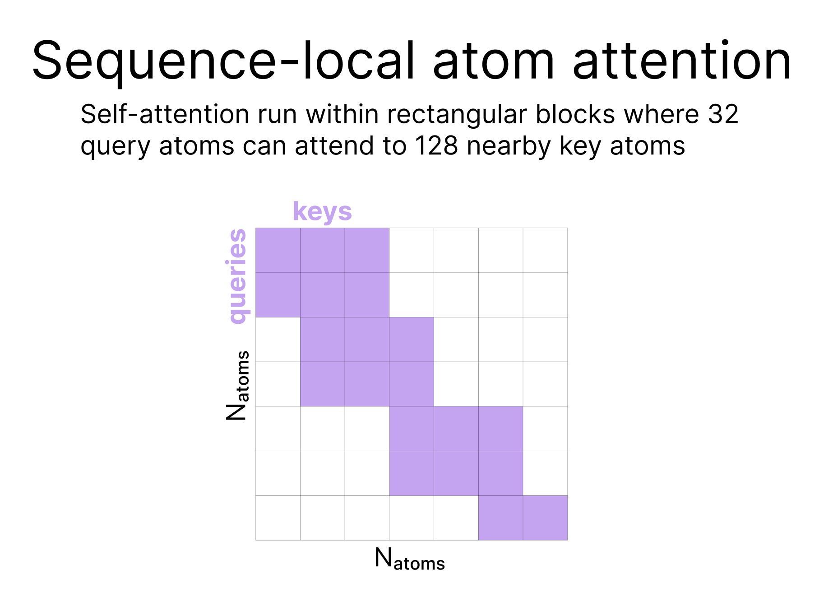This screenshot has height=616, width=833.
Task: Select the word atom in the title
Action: pyautogui.click(x=494, y=63)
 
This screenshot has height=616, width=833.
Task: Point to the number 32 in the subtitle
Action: pyautogui.click(x=723, y=114)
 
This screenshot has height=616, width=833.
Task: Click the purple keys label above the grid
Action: pyautogui.click(x=322, y=212)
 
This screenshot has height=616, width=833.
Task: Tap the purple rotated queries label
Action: pyautogui.click(x=237, y=276)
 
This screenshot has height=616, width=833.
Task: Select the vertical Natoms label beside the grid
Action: pyautogui.click(x=237, y=385)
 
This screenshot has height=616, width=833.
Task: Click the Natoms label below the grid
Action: pyautogui.click(x=410, y=559)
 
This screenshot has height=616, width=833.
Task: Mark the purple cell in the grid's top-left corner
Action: pyautogui.click(x=278, y=250)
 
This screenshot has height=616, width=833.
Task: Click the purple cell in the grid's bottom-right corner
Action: pyautogui.click(x=545, y=518)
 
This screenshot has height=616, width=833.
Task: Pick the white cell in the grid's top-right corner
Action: pyautogui.click(x=545, y=250)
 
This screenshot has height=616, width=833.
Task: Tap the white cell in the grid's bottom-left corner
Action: pyautogui.click(x=278, y=518)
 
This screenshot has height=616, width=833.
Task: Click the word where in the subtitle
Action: pyautogui.click(x=661, y=114)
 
